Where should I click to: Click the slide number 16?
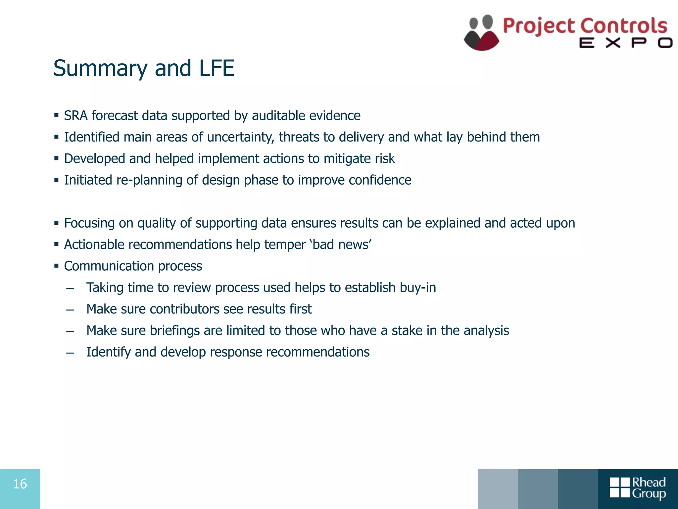coord(20,484)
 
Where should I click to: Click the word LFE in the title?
coord(217,68)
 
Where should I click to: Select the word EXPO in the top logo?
coord(626,43)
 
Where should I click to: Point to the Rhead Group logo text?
coord(649,488)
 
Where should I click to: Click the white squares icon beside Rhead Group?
coord(620,487)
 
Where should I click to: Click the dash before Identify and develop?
coord(70,353)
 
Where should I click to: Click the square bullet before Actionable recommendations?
coord(57,245)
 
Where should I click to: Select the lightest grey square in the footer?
coord(498,489)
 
